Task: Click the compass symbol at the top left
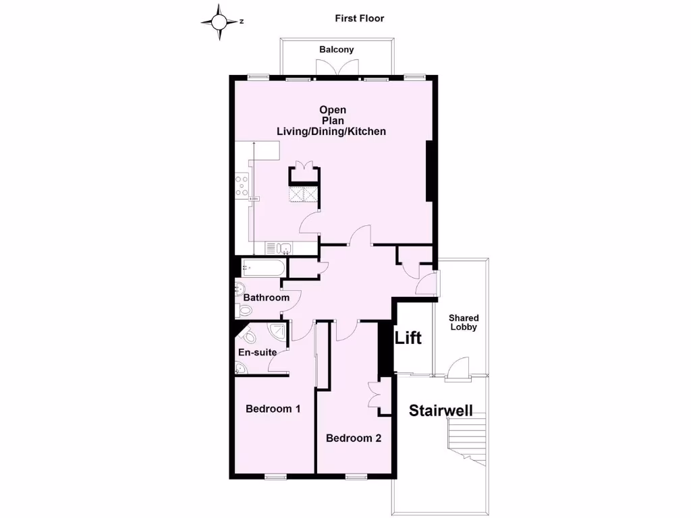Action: coord(220,22)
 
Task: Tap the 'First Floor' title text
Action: coord(360,18)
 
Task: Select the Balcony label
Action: coord(336,49)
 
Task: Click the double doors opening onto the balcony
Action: coord(337,69)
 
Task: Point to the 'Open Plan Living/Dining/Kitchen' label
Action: coord(333,121)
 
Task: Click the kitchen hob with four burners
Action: coord(242,186)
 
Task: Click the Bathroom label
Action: coord(266,297)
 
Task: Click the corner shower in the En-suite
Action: coord(277,331)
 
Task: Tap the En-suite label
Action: coord(257,352)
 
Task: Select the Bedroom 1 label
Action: coord(273,409)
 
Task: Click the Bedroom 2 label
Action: coord(354,438)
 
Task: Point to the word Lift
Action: coord(408,337)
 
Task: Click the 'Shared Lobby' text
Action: coord(464,322)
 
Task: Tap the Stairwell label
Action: coord(441,410)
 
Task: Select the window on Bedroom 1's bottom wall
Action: coord(275,477)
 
